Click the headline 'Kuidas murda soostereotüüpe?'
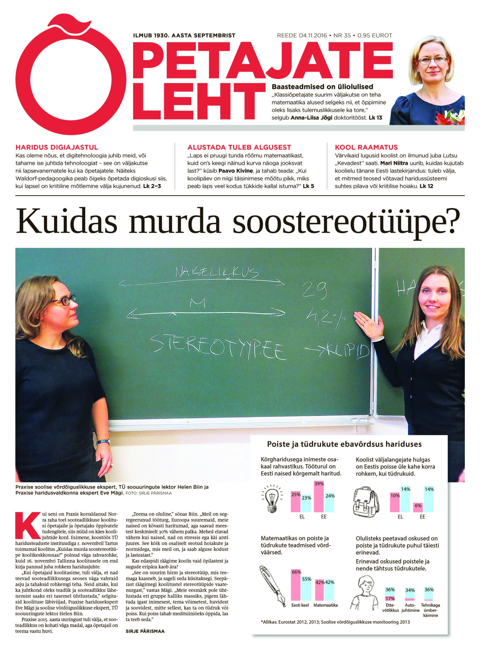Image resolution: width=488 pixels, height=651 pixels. coord(237,224)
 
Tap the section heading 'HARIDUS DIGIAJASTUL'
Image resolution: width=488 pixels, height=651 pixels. coord(57,147)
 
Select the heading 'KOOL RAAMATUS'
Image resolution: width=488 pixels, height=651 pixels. coord(366,147)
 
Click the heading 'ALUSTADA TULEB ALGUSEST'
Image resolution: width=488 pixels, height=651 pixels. coord(239,147)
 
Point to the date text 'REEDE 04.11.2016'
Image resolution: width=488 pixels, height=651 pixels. coord(302,36)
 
